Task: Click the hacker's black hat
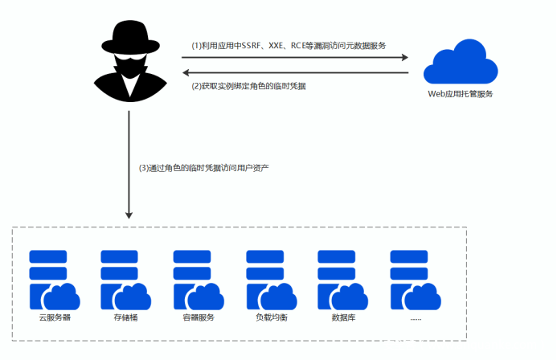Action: [x=129, y=37]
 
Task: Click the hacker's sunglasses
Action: [x=129, y=61]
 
